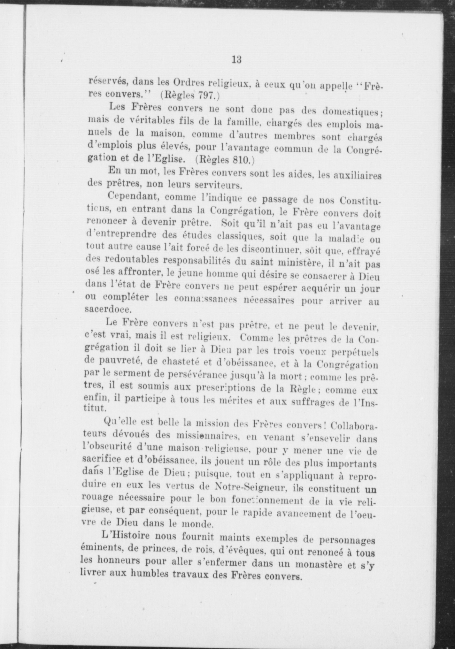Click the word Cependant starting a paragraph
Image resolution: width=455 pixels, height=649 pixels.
click(132, 196)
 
